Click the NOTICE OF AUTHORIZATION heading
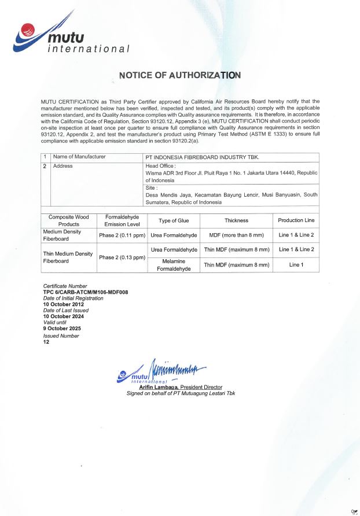(x=179, y=75)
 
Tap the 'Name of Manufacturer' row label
(x=79, y=157)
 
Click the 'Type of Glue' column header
(x=174, y=220)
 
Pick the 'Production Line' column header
(x=296, y=220)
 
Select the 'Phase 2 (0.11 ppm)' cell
(x=122, y=235)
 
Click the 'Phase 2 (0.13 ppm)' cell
(x=122, y=257)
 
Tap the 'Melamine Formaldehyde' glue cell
(x=174, y=265)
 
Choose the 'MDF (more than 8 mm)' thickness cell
(x=236, y=235)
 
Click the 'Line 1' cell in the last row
(x=296, y=265)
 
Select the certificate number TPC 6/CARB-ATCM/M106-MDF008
(x=85, y=292)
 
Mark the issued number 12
(x=46, y=341)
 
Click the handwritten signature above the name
(x=177, y=368)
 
